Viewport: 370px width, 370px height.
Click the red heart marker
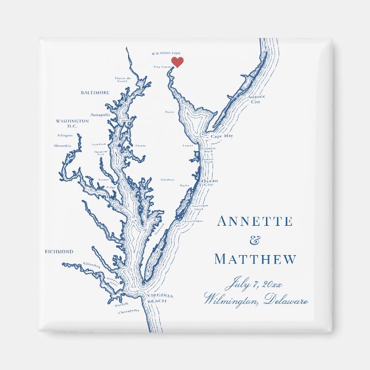point(178,61)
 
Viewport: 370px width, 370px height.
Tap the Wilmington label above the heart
point(166,53)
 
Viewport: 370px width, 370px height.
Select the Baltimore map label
point(95,92)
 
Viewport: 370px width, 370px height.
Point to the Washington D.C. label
point(72,124)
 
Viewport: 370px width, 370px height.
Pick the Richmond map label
point(59,252)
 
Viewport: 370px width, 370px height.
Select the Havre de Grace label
point(122,79)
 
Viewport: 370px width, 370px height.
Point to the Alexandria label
point(62,146)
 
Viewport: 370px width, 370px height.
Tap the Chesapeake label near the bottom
point(129,311)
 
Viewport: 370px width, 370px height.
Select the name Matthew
point(256,260)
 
